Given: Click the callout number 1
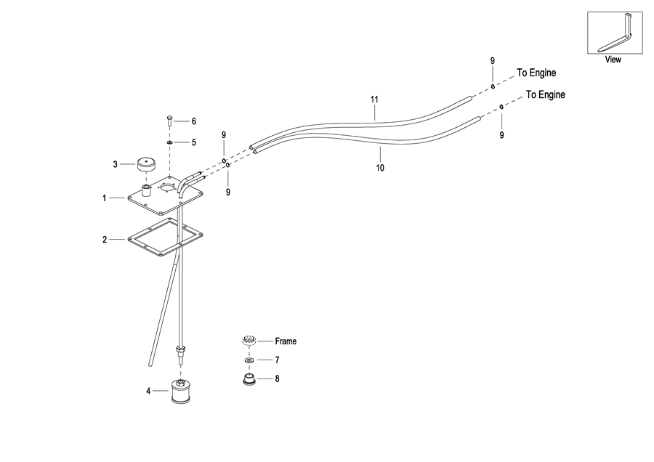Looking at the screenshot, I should tap(104, 198).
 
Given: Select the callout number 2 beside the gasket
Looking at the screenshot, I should tap(104, 239).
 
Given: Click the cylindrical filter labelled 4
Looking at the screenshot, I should tap(180, 392).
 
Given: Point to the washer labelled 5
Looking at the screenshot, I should tap(169, 142).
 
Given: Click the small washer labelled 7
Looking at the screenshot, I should tap(249, 360).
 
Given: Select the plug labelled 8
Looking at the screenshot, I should tap(249, 378).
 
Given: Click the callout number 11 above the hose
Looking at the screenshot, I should tap(375, 99).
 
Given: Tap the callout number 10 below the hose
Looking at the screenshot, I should tap(379, 168).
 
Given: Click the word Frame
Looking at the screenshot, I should tap(286, 341).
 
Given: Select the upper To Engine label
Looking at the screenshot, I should tap(536, 73).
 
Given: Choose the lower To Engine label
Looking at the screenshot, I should tap(545, 94).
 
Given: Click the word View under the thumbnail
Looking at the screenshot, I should tap(613, 60).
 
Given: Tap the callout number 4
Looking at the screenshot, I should tap(148, 391).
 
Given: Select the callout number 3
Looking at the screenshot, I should tap(115, 164).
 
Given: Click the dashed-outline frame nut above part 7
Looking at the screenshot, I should tap(249, 341).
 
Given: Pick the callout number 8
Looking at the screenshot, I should tap(276, 378).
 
